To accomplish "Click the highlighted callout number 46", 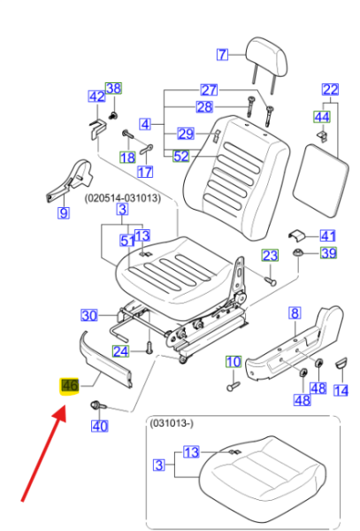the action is (x=70, y=386).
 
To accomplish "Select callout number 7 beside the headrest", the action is (x=222, y=54).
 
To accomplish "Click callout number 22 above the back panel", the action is (x=330, y=89).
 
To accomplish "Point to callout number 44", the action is (x=321, y=117).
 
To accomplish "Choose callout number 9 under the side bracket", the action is (x=64, y=212).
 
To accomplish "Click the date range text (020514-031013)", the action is (x=122, y=197).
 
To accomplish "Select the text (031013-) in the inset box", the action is (x=172, y=423).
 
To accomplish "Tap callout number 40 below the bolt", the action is (x=99, y=426).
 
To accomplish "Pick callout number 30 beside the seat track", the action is (x=89, y=316).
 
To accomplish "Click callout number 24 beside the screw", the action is (x=121, y=351).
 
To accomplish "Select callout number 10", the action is (x=234, y=362).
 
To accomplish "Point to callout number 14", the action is (x=341, y=390).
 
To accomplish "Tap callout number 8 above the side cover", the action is (x=295, y=313).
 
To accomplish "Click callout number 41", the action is (x=327, y=235).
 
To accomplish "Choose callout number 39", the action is (x=328, y=252).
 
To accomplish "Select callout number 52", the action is (x=181, y=156).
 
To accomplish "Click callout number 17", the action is (x=145, y=172).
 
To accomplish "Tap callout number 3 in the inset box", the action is (x=159, y=465).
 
